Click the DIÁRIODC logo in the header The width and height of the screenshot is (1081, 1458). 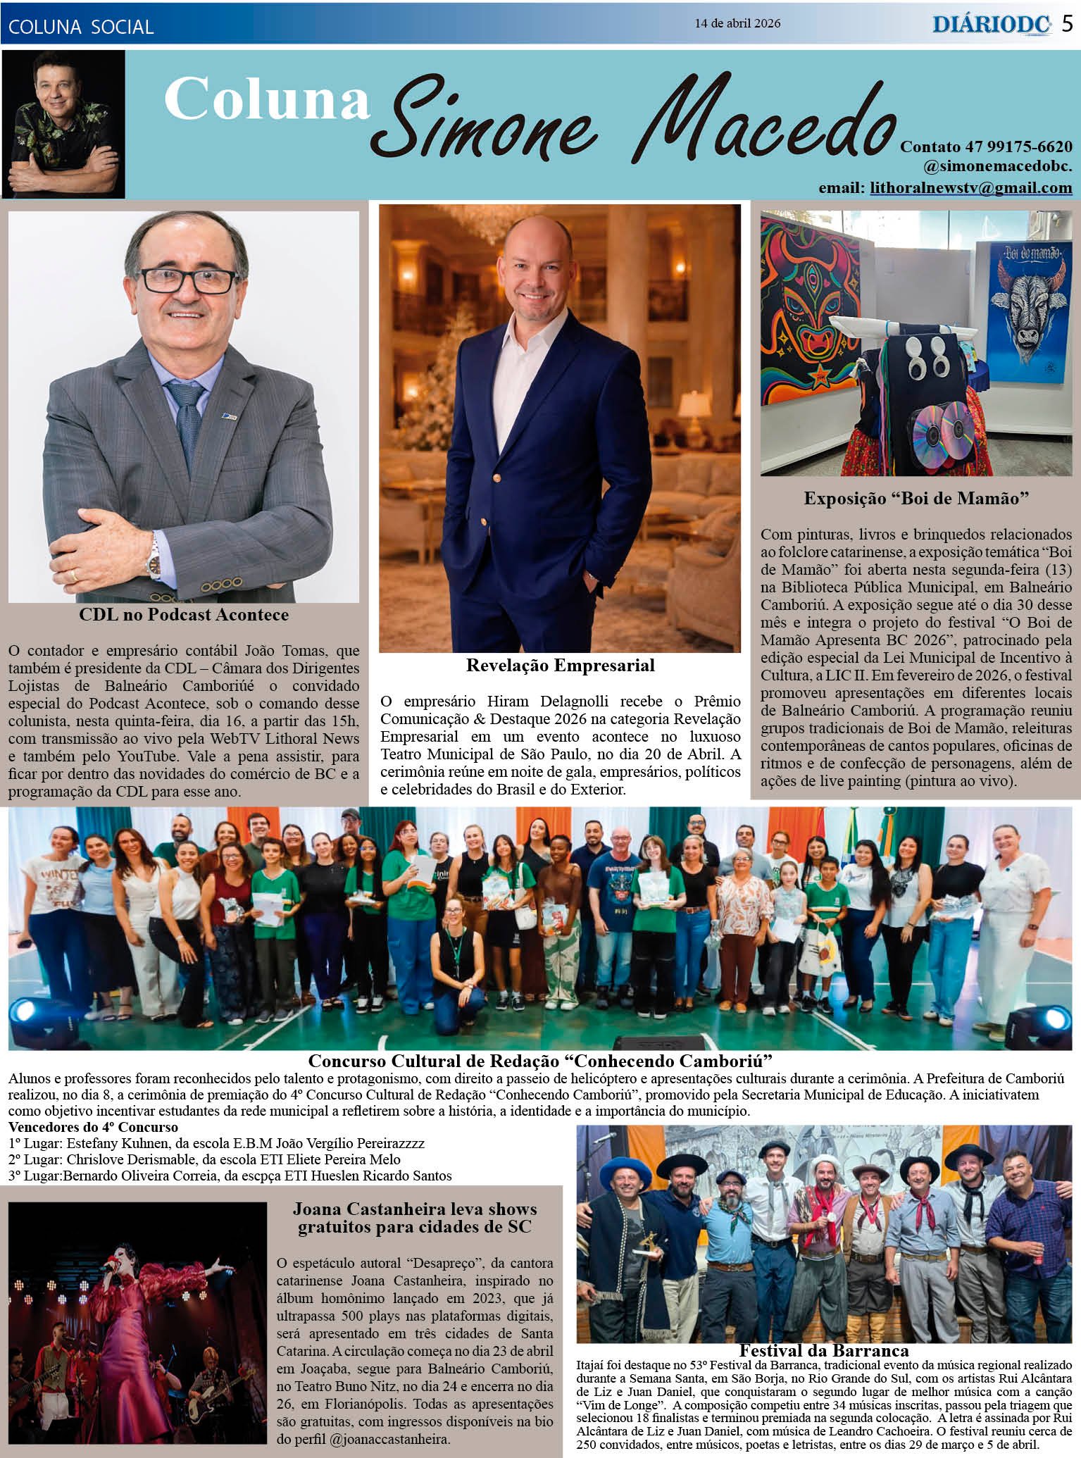(992, 25)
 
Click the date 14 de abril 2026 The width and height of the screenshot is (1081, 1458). (737, 23)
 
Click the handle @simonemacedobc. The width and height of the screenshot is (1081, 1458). (998, 168)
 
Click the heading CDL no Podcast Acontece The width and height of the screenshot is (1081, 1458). (184, 615)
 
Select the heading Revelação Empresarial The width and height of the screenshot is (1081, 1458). (560, 666)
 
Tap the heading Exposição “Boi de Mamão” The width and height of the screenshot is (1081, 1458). (917, 499)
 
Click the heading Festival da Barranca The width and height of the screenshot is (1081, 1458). (823, 1351)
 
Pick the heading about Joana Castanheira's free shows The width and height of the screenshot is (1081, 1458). (415, 1219)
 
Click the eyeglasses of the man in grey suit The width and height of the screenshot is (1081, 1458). (189, 280)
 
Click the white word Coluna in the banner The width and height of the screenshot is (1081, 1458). (267, 101)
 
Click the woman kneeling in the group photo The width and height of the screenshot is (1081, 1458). (456, 973)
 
